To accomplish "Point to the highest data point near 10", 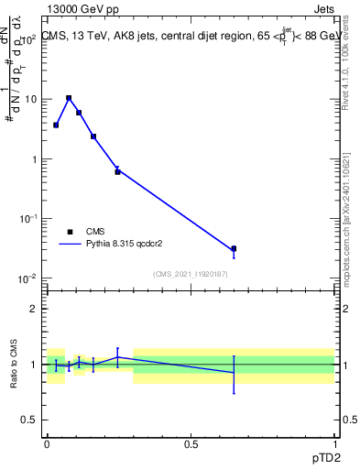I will pos(69,98).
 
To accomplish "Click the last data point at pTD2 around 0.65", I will pos(234,248).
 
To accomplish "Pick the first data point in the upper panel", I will pos(56,125).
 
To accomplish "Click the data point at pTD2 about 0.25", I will pos(117,171).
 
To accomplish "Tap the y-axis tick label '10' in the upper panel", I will pos(31,99).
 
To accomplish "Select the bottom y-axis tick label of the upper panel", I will pos(28,278).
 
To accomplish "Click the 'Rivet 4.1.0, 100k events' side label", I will pos(345,64).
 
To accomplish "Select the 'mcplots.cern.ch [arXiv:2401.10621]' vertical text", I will pos(345,201).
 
